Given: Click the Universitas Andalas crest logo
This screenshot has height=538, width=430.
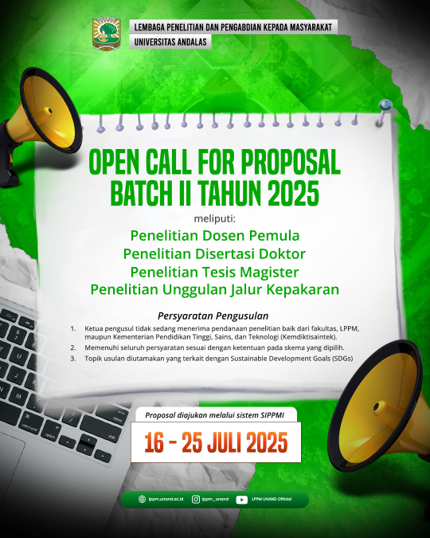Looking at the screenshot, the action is click(x=107, y=33).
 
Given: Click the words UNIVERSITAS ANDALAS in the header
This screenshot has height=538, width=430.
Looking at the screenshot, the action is click(x=170, y=42).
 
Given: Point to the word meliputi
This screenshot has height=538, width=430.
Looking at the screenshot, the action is click(x=215, y=218).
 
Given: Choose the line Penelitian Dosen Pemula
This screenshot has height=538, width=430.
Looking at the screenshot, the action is click(x=215, y=236).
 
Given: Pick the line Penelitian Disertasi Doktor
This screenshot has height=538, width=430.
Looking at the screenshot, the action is click(x=214, y=254).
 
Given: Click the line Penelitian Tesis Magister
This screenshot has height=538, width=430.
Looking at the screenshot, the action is click(x=215, y=272).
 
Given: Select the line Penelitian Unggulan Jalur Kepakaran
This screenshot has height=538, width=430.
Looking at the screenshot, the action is click(x=215, y=289).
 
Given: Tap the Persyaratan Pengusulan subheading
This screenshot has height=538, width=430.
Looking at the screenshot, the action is click(x=213, y=316).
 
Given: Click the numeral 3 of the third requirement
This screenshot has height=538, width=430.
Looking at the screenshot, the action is click(x=72, y=359).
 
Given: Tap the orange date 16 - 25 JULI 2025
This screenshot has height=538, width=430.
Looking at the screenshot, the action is click(x=216, y=442).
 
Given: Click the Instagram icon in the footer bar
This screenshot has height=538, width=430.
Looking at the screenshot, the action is click(x=196, y=499).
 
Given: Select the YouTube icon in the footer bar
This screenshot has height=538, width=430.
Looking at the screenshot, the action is click(x=242, y=500).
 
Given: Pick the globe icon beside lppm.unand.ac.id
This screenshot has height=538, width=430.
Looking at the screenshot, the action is click(x=142, y=499).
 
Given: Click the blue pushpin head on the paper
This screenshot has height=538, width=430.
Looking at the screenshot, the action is click(x=385, y=104).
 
